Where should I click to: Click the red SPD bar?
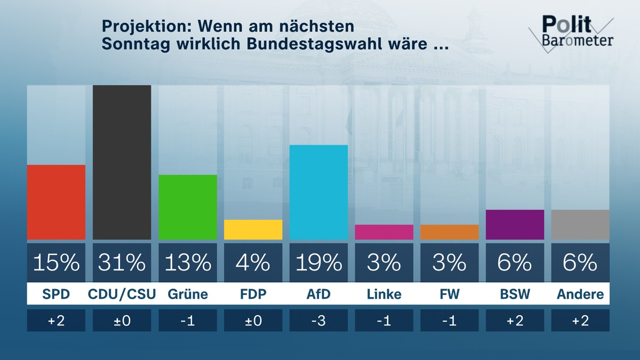point(56,202)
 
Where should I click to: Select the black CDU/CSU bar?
point(122,162)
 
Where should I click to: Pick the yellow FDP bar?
point(253,229)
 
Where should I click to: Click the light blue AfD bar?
point(318,192)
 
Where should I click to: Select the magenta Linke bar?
point(384,232)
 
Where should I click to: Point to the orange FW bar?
point(450,232)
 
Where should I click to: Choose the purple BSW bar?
point(515,225)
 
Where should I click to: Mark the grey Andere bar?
point(580,225)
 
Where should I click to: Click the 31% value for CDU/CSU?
point(122,262)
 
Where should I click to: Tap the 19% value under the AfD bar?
point(318,262)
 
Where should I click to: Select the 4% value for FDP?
point(253,262)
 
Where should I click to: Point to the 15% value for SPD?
point(56,262)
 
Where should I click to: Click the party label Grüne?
point(188,294)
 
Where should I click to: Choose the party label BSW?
point(515,294)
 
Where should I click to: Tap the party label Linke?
point(384,294)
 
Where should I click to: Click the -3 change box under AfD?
point(318,321)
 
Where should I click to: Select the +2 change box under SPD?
point(56,321)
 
